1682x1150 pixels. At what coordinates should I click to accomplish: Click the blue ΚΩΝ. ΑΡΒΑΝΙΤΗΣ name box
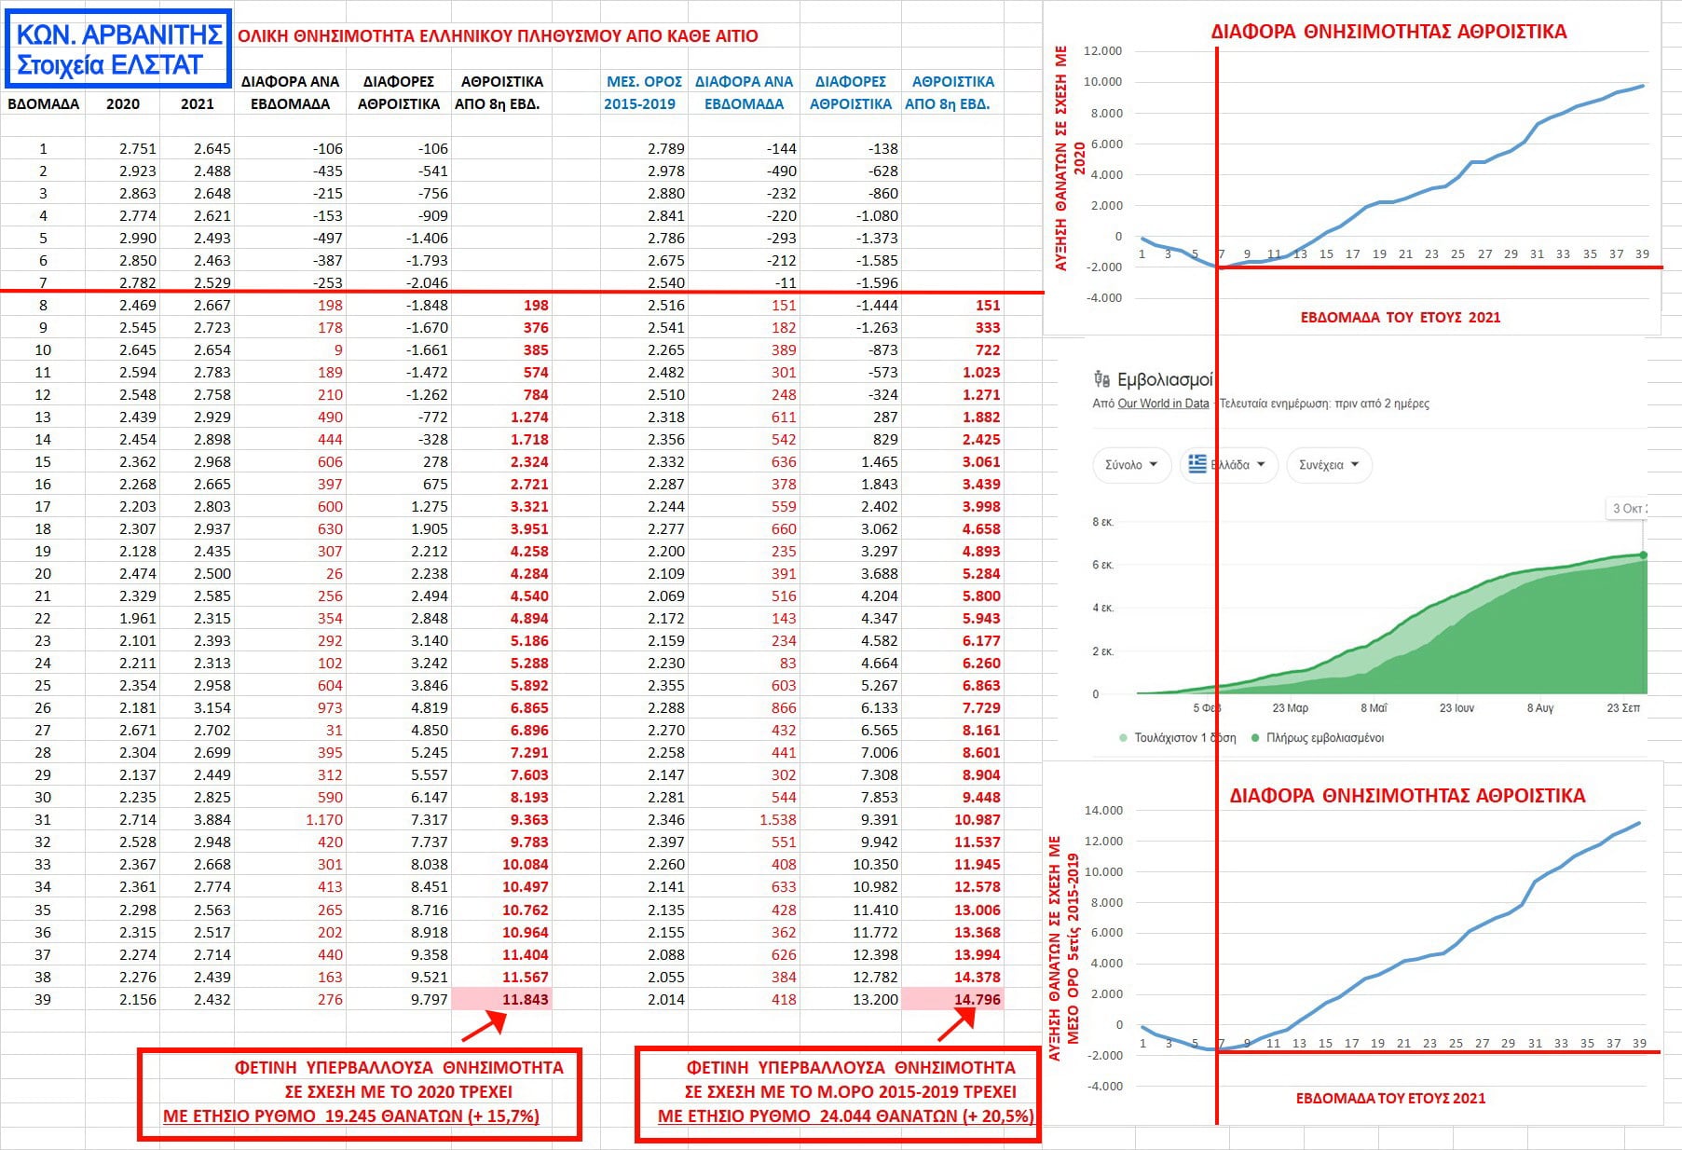120,49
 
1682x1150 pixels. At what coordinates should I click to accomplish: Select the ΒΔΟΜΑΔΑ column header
43,103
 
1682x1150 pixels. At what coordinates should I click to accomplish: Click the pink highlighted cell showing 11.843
502,999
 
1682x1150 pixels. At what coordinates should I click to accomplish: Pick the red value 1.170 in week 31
324,819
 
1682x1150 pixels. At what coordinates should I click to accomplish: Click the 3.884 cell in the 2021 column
212,819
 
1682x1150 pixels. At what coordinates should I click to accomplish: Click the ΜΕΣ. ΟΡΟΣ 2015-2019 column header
642,92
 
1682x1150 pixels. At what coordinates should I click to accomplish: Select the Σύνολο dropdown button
1131,464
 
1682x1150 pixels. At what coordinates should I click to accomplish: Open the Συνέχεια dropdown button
1329,464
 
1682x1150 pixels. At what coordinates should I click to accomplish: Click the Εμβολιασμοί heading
1164,379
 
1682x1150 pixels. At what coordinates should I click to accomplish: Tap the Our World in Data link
1163,404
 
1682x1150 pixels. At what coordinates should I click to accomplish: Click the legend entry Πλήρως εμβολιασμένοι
1324,737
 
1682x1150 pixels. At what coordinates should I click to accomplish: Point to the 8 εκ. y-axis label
1102,522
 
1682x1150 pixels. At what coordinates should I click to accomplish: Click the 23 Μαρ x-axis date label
1290,708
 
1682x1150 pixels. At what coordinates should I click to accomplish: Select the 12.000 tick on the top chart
1102,50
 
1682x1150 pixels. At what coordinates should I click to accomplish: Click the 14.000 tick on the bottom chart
1103,810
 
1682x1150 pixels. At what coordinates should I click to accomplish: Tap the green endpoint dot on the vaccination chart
1643,555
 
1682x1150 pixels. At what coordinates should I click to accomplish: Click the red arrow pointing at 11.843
484,1027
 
